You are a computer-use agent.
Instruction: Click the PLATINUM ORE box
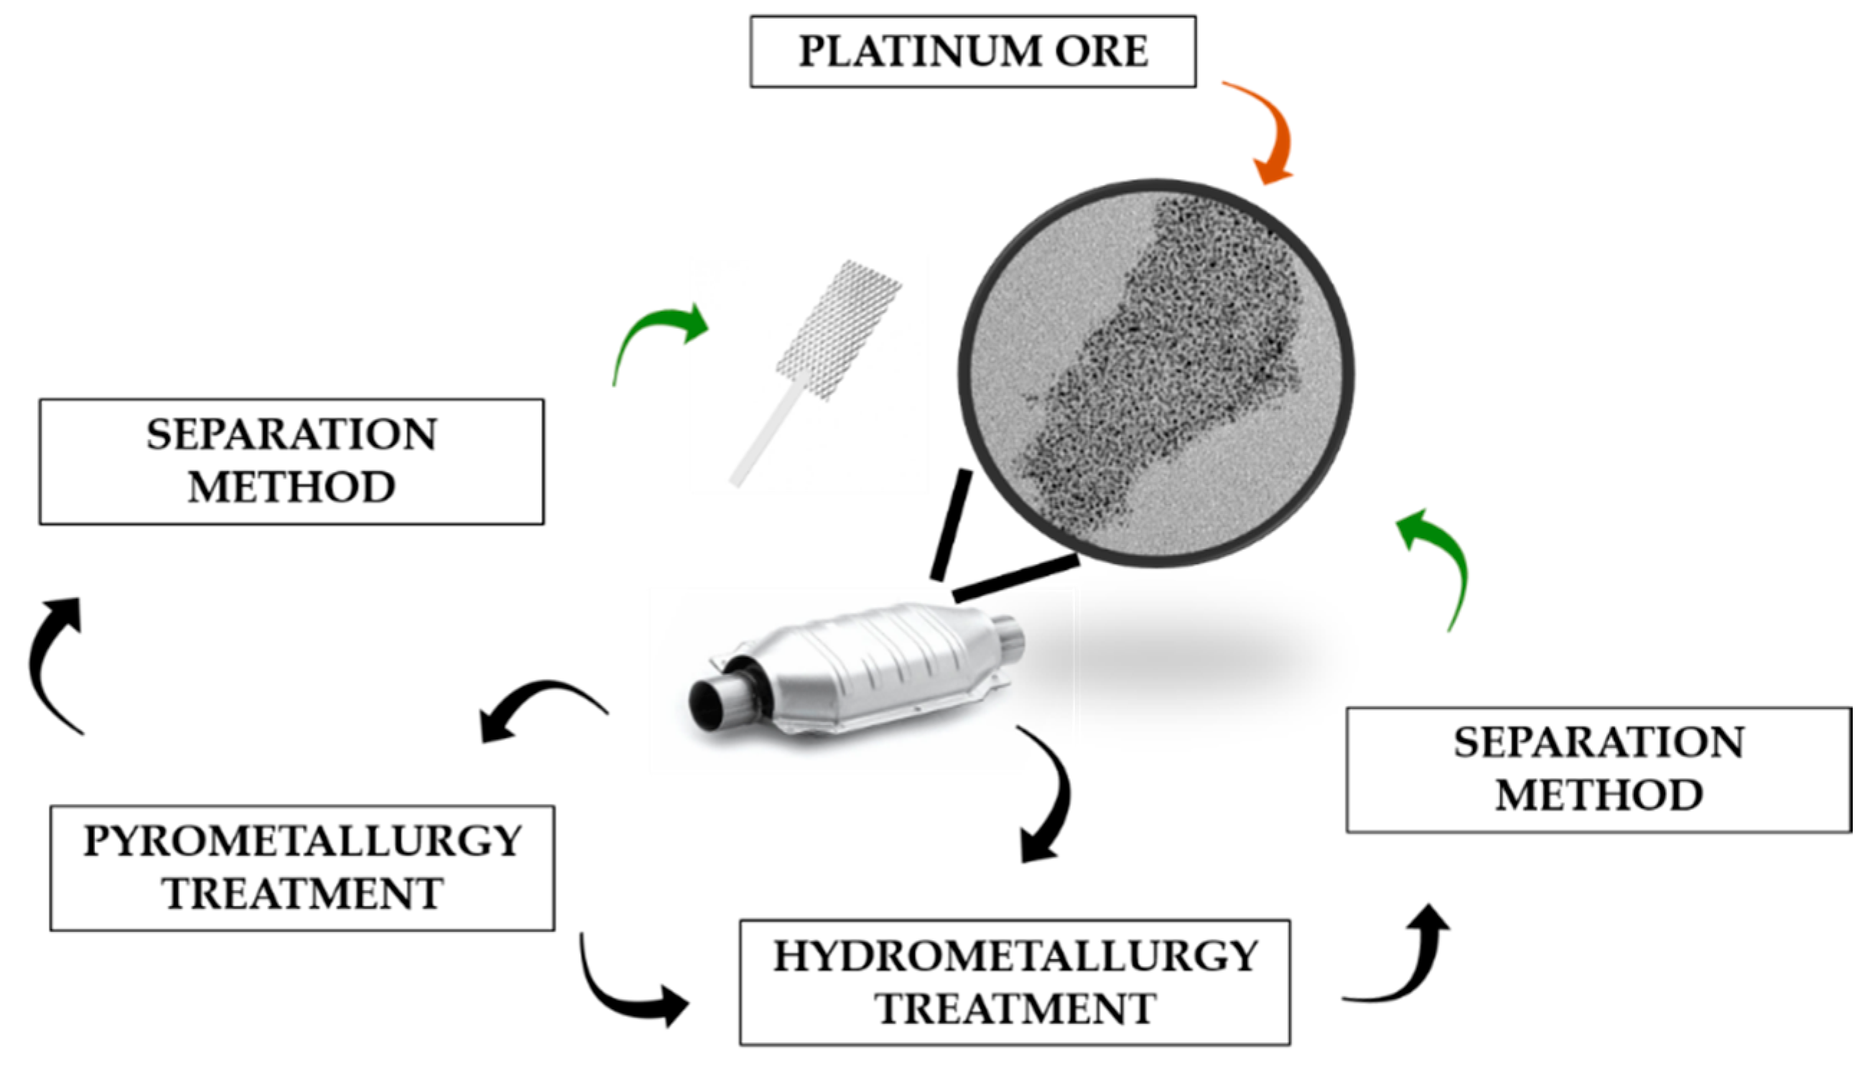(x=972, y=52)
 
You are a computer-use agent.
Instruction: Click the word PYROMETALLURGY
(x=302, y=841)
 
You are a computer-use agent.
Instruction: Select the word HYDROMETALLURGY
(x=1015, y=956)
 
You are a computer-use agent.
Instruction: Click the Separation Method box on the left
(x=292, y=462)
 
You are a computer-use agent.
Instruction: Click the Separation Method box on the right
(x=1598, y=770)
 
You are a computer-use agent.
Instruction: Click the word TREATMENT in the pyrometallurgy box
(x=302, y=894)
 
